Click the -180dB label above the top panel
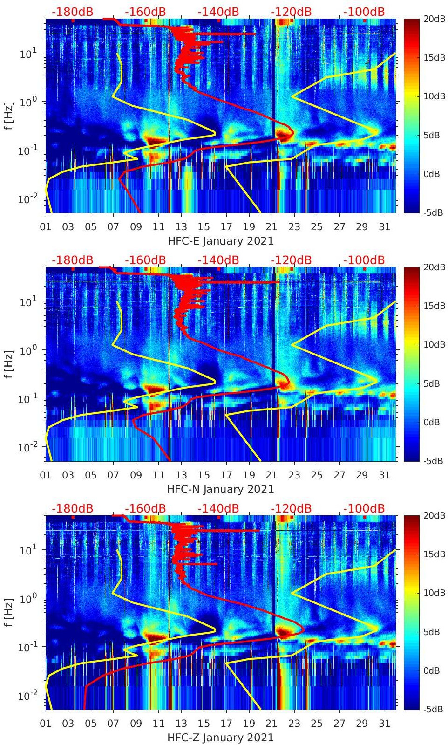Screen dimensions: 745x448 coord(72,12)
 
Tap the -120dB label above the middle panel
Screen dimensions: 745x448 coord(291,260)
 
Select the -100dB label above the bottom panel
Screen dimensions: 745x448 coord(364,508)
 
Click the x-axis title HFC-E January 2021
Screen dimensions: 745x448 coord(220,241)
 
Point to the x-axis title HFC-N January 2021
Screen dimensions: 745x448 coord(220,489)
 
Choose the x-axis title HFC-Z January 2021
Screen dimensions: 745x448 coord(220,738)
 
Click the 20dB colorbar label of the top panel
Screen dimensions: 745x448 coord(434,19)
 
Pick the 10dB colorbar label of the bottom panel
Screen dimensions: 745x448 coord(434,593)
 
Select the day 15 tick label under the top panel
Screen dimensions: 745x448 coord(204,227)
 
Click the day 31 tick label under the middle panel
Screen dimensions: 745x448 coord(384,475)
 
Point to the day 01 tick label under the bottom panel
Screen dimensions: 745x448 coord(46,724)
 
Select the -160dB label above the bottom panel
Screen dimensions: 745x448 coord(145,508)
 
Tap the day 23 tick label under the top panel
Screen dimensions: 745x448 coord(294,227)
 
